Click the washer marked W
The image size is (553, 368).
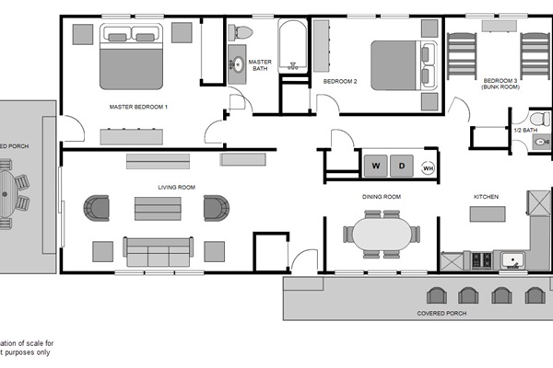pyautogui.click(x=376, y=167)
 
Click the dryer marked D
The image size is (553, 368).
pyautogui.click(x=402, y=167)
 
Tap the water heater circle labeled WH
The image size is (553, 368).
pyautogui.click(x=428, y=167)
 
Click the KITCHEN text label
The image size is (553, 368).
pyautogui.click(x=486, y=197)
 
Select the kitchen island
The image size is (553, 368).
pyautogui.click(x=488, y=214)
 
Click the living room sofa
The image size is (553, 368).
pyautogui.click(x=159, y=250)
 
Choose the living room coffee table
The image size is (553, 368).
pyautogui.click(x=158, y=208)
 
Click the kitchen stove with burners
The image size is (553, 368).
pyautogui.click(x=480, y=261)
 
